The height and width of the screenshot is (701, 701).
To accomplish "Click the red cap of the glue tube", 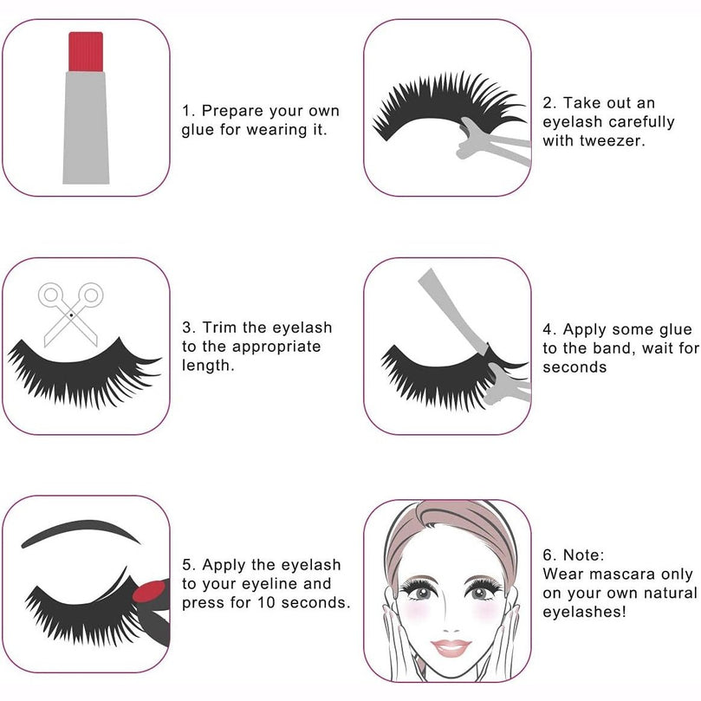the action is point(86,51).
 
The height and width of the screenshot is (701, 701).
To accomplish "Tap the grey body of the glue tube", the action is point(86,128).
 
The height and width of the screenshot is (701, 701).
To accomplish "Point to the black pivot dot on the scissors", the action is point(71,315).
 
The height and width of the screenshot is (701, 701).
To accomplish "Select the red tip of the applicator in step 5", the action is point(150,592).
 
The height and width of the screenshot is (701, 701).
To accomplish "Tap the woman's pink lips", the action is point(451,648).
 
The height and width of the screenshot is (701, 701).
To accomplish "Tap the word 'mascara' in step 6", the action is point(620,574).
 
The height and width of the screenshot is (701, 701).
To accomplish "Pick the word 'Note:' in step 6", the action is point(583,555).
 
